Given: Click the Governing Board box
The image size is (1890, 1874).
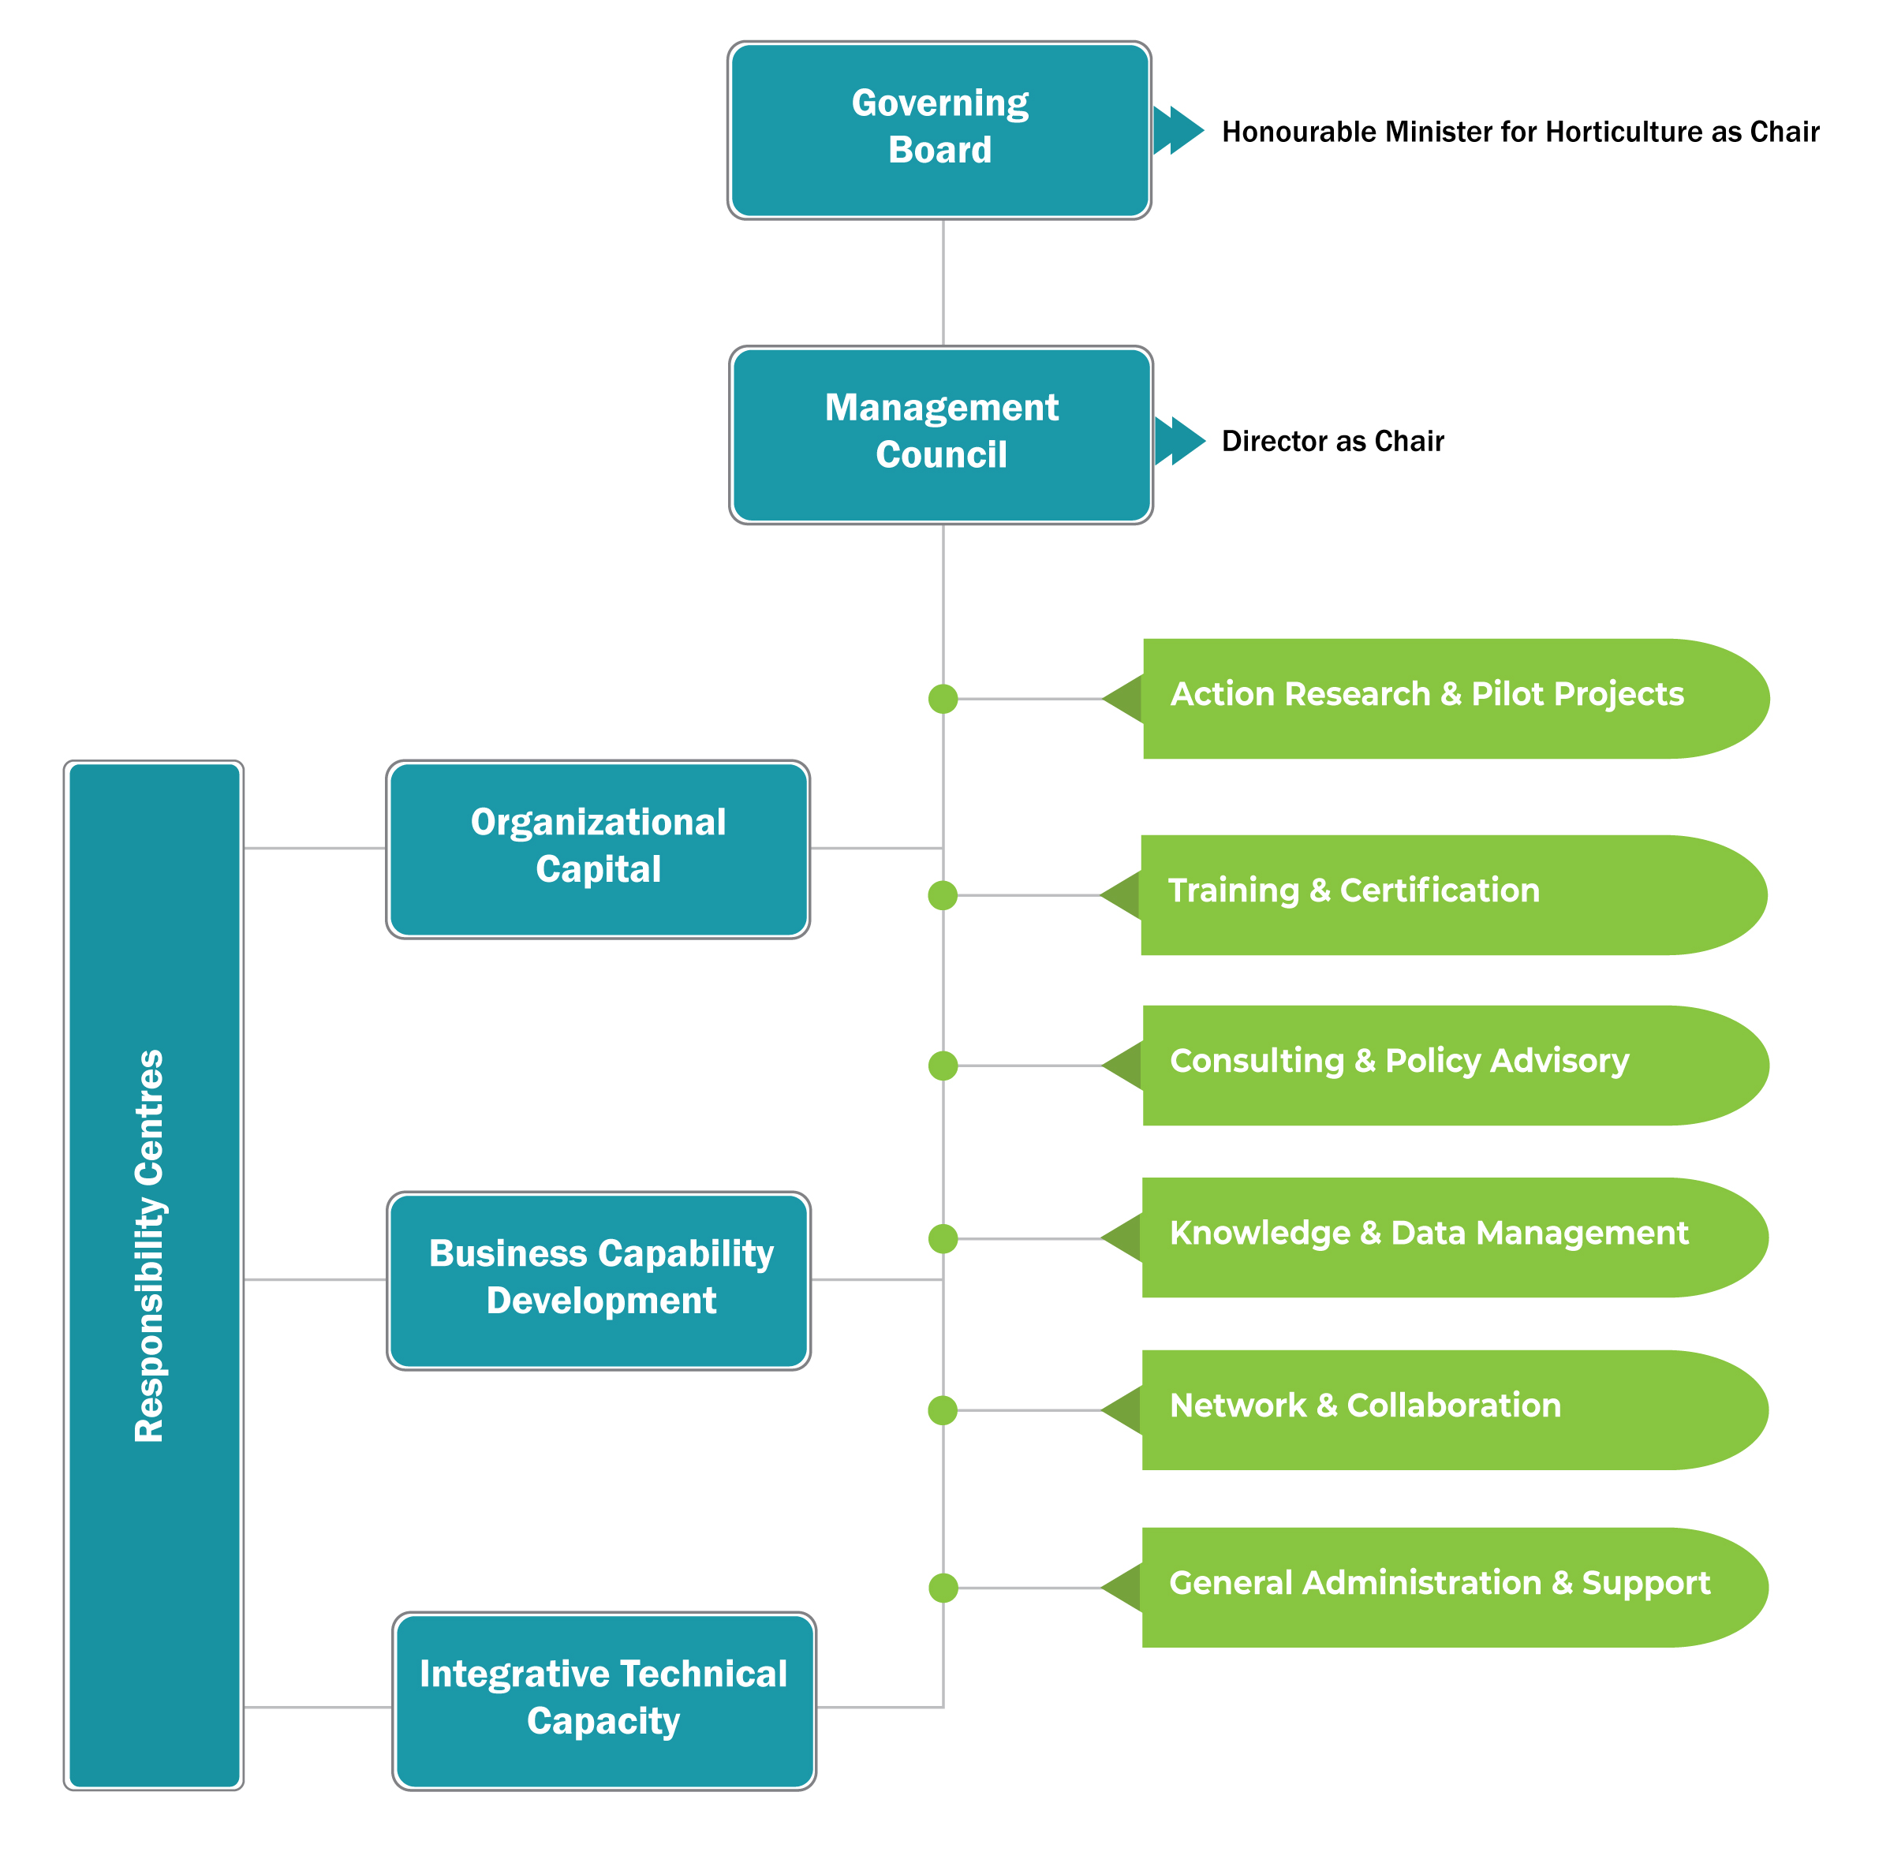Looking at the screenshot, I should point(939,130).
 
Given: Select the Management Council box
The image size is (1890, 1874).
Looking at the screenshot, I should point(940,435).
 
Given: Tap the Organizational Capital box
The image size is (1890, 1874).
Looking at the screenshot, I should point(598,849).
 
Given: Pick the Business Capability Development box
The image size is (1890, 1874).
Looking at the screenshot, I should point(599,1280).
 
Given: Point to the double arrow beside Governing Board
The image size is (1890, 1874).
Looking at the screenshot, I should point(1178,130).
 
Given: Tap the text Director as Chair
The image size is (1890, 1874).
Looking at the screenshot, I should point(1332,441).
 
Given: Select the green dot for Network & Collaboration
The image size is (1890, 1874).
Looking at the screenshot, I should point(943,1410).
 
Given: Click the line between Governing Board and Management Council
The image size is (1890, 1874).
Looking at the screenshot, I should point(943,282).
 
